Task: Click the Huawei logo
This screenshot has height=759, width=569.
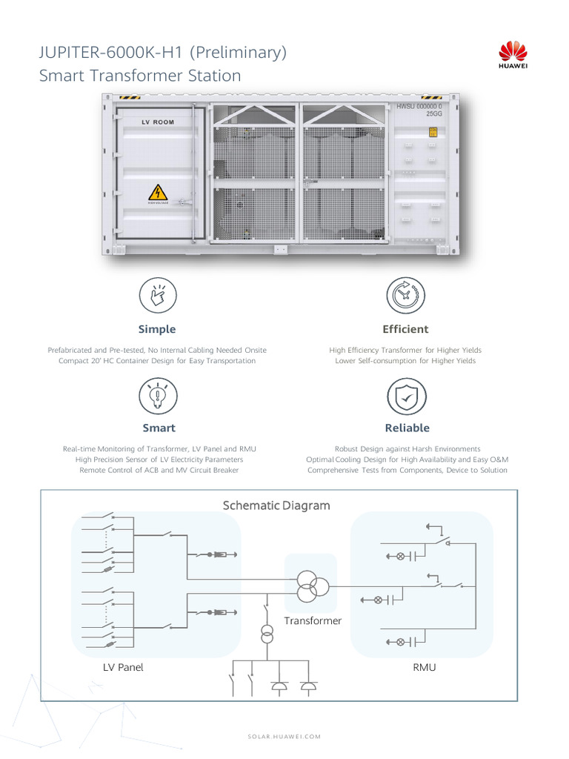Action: (512, 56)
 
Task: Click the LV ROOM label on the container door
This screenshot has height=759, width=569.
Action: (158, 122)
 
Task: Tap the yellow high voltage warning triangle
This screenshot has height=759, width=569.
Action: (158, 192)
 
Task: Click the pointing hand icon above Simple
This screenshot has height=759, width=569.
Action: (157, 295)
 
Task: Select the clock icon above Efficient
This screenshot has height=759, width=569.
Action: (406, 295)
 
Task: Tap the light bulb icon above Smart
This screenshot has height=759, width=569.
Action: (157, 396)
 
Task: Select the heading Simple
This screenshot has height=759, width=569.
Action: (157, 329)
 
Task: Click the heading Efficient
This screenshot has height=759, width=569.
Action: (405, 329)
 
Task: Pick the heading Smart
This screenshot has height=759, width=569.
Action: (159, 428)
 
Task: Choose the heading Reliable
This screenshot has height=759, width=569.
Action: (407, 428)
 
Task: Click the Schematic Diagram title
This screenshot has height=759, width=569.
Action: (276, 506)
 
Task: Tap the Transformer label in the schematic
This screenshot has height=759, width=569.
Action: (313, 620)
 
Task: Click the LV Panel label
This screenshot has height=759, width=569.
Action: (123, 667)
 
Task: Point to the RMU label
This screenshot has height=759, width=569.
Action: (424, 667)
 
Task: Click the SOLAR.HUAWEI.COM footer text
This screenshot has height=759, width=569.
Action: (284, 736)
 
